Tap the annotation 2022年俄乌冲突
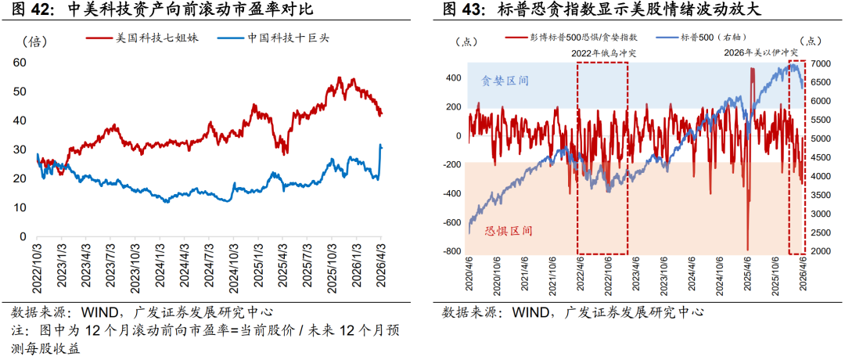click(602, 52)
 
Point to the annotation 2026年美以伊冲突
click(759, 52)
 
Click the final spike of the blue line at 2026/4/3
click(380, 146)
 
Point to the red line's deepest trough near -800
click(748, 247)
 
